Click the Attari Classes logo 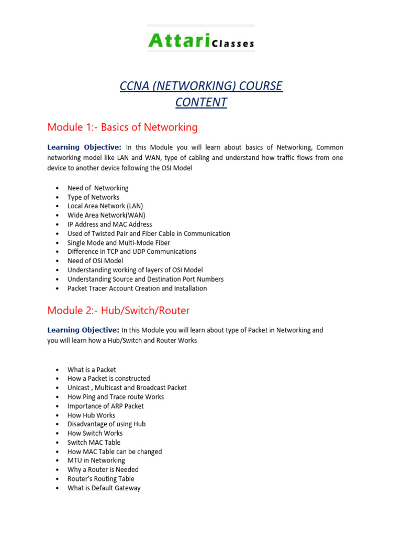point(201,40)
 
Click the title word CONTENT point(201,102)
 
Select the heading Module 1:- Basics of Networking point(122,127)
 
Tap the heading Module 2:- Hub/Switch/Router point(118,310)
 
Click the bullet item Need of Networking point(98,188)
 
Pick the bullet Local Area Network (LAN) point(105,206)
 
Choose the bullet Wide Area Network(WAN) point(106,215)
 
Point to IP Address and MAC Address point(110,224)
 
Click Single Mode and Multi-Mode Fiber point(119,243)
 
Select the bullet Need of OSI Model point(95,261)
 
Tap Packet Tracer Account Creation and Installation point(137,288)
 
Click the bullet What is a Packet point(92,369)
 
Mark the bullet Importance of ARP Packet point(106,406)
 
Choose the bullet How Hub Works point(91,415)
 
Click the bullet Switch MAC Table point(94,442)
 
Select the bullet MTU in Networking point(96,460)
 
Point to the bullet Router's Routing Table point(100,479)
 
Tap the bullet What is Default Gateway point(104,488)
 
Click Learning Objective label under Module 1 point(84,147)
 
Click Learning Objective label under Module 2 point(83,330)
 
